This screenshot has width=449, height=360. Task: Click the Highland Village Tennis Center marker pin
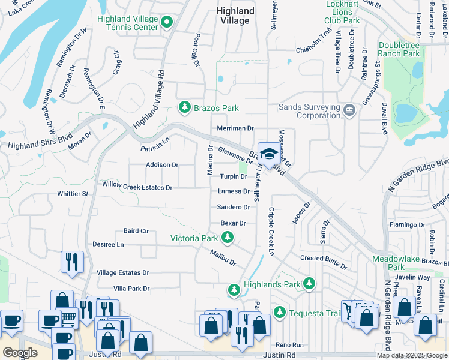point(167,23)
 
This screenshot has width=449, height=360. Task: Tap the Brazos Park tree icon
point(184,108)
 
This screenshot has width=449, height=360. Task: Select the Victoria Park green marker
point(227,238)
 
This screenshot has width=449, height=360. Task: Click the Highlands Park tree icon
point(234,290)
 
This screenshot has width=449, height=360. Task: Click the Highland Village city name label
point(235,16)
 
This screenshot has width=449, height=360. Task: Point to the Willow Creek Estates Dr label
point(137,187)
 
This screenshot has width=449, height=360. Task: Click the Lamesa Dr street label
point(234,191)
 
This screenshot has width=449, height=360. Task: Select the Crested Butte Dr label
point(324,261)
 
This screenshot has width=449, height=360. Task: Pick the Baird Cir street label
point(136,231)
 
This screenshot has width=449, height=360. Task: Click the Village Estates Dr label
point(122,272)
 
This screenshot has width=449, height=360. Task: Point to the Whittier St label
point(73,194)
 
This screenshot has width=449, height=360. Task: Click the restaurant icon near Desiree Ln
point(71,262)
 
